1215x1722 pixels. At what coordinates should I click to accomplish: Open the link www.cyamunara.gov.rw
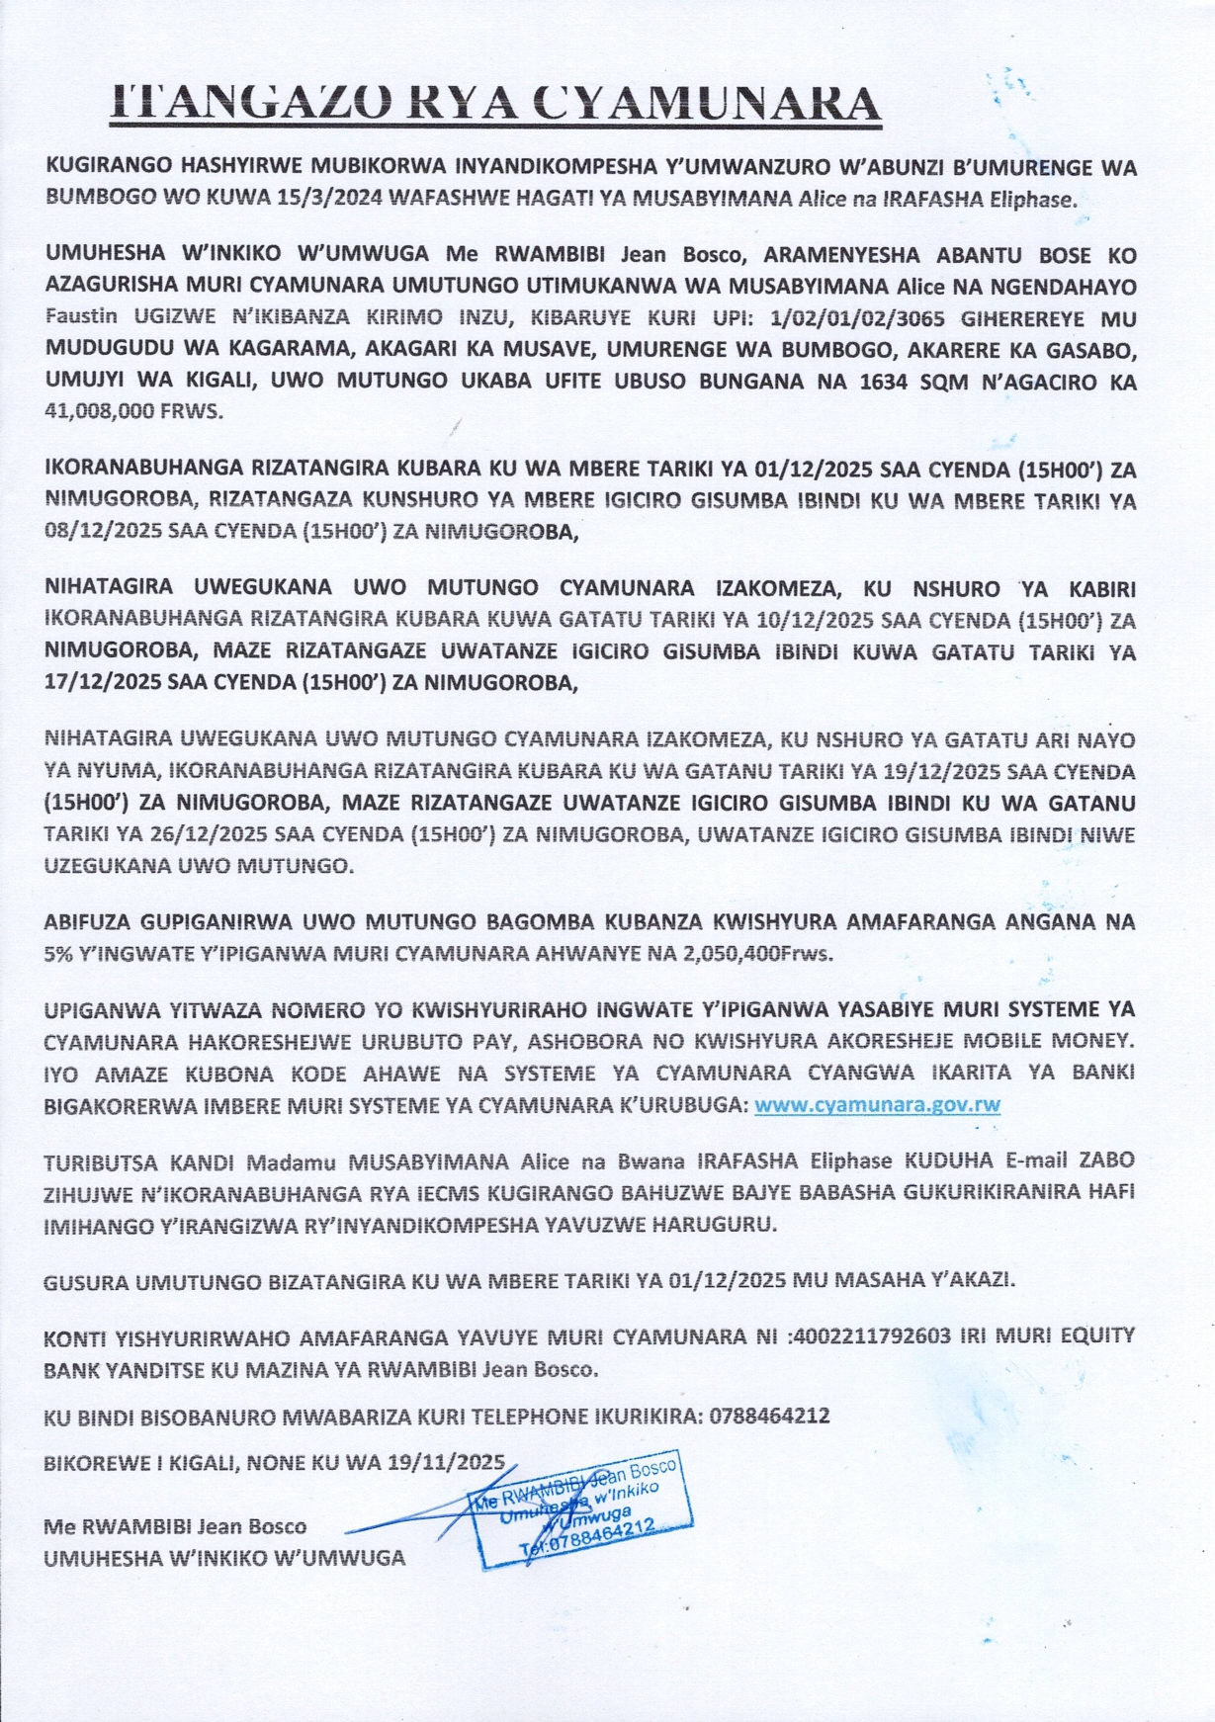point(877,1104)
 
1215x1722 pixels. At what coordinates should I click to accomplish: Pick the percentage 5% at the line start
point(60,955)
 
